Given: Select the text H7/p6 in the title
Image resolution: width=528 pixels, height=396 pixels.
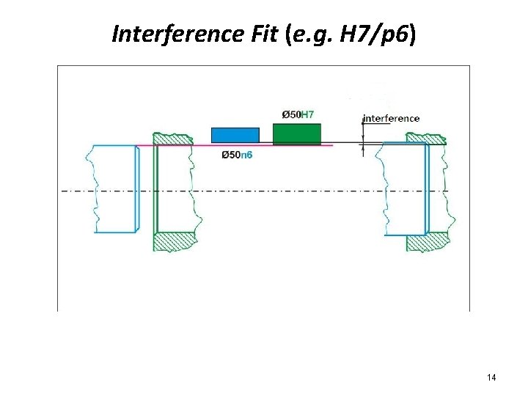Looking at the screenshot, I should coord(377,34).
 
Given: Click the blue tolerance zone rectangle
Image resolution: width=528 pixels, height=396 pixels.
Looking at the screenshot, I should coord(235,135).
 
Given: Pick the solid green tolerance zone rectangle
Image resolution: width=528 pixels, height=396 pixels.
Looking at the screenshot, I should coord(296,133).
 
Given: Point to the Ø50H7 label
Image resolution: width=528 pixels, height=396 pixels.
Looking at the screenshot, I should coord(298,114).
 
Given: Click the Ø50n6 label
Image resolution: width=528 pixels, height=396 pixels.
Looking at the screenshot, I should coord(236,155).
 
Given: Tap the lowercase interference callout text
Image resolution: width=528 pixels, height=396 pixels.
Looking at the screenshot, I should coord(392,118).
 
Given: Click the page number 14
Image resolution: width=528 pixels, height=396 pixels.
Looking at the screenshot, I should coord(491,377).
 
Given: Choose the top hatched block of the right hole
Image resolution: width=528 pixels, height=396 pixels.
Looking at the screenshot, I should coord(426,137).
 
